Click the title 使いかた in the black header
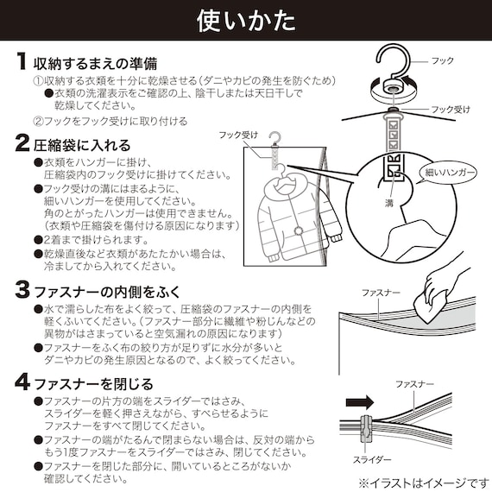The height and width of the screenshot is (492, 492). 245,19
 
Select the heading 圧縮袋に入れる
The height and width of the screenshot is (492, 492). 82,144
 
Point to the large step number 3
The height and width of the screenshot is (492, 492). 21,288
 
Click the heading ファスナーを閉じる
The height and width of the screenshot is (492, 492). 93,382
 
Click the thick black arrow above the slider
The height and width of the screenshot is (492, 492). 359,401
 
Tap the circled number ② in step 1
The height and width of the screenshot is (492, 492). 38,122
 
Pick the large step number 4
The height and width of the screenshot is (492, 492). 21,382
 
